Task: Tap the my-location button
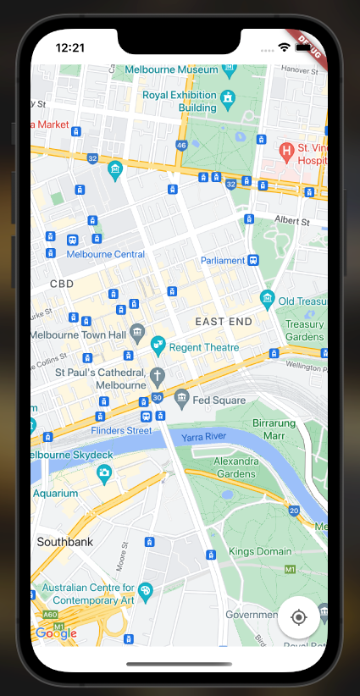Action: (x=298, y=616)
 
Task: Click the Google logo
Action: (x=55, y=633)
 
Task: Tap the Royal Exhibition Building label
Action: (x=180, y=102)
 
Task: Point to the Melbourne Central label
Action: (x=105, y=254)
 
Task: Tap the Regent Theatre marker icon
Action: (x=157, y=345)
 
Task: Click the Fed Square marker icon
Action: (x=181, y=397)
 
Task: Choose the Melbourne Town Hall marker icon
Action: (x=137, y=331)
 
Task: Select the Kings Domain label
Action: (x=260, y=551)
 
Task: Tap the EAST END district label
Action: (x=224, y=322)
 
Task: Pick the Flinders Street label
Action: (x=121, y=430)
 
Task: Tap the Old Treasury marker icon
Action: (x=268, y=298)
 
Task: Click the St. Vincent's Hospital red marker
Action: (x=287, y=151)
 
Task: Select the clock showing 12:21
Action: (x=69, y=47)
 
